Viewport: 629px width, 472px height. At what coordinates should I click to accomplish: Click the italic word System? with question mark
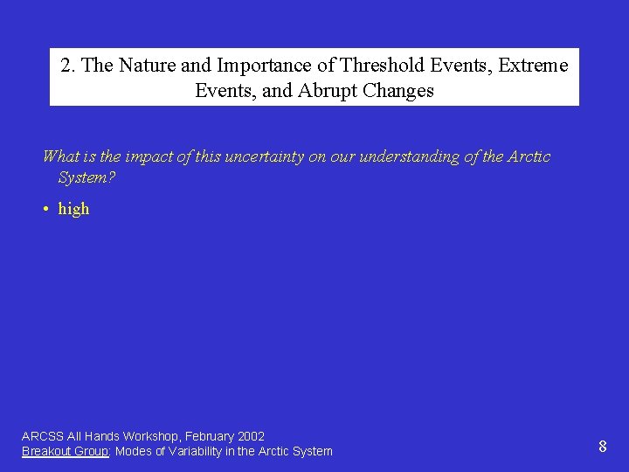pos(86,178)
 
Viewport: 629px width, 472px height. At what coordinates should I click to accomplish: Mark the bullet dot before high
pos(45,210)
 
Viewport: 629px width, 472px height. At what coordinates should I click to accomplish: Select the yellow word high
pos(73,209)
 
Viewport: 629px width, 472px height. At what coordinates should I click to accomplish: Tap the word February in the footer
pos(211,436)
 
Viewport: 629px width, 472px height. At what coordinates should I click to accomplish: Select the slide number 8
pos(603,447)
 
